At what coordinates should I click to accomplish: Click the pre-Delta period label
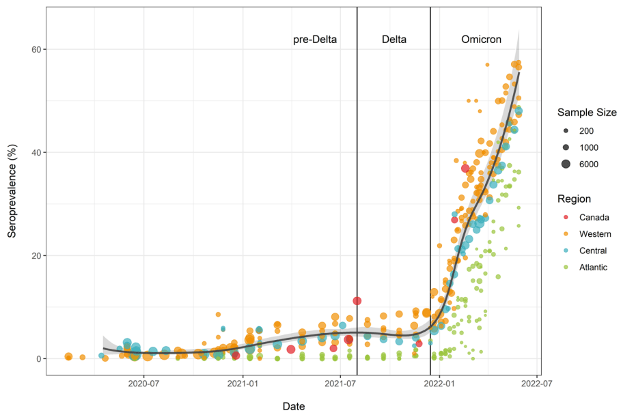(x=315, y=40)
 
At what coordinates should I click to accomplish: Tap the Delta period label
(x=394, y=40)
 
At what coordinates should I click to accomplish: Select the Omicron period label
(x=480, y=40)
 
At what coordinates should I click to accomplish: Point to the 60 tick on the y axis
(x=34, y=50)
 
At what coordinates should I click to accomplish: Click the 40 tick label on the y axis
(x=34, y=153)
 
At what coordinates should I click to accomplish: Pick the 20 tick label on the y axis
(x=34, y=256)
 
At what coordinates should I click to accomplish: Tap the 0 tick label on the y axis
(x=37, y=359)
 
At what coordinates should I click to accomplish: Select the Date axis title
(x=294, y=406)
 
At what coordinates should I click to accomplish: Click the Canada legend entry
(x=593, y=218)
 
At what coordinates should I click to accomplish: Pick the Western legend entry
(x=595, y=234)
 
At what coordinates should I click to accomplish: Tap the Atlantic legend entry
(x=594, y=267)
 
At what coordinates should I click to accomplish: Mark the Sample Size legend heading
(x=586, y=112)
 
